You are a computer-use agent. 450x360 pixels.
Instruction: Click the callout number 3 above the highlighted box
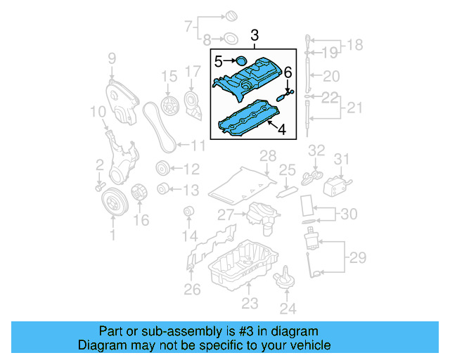coord(255,34)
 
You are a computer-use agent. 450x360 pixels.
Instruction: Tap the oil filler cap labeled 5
coord(241,61)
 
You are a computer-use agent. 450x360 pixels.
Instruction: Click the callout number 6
coord(288,72)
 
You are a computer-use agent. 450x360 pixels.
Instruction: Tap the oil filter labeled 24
coord(286,278)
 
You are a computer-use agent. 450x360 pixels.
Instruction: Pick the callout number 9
coord(111,58)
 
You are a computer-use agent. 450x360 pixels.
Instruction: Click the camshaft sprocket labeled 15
coord(169,106)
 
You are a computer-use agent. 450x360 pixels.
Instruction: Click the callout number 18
coord(356,45)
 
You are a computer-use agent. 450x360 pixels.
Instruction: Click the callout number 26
coord(192,289)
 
